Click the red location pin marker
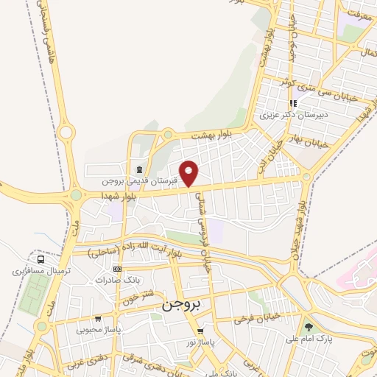[190, 173]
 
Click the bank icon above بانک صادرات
[116, 269]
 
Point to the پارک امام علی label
[311, 339]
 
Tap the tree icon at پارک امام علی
[309, 327]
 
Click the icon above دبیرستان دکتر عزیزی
[293, 104]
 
